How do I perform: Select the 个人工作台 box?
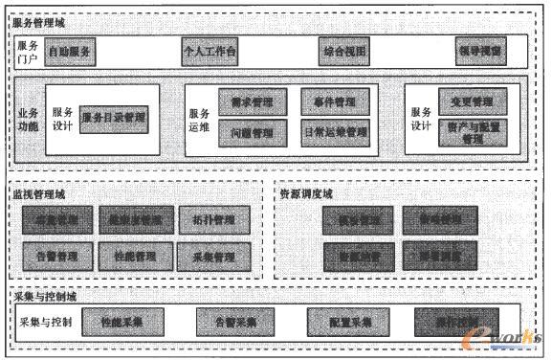(210, 49)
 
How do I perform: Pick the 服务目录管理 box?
(114, 118)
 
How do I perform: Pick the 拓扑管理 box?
(213, 220)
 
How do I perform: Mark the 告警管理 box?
(58, 256)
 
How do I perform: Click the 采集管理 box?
(213, 256)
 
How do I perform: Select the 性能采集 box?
(122, 323)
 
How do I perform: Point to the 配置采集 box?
(342, 323)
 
